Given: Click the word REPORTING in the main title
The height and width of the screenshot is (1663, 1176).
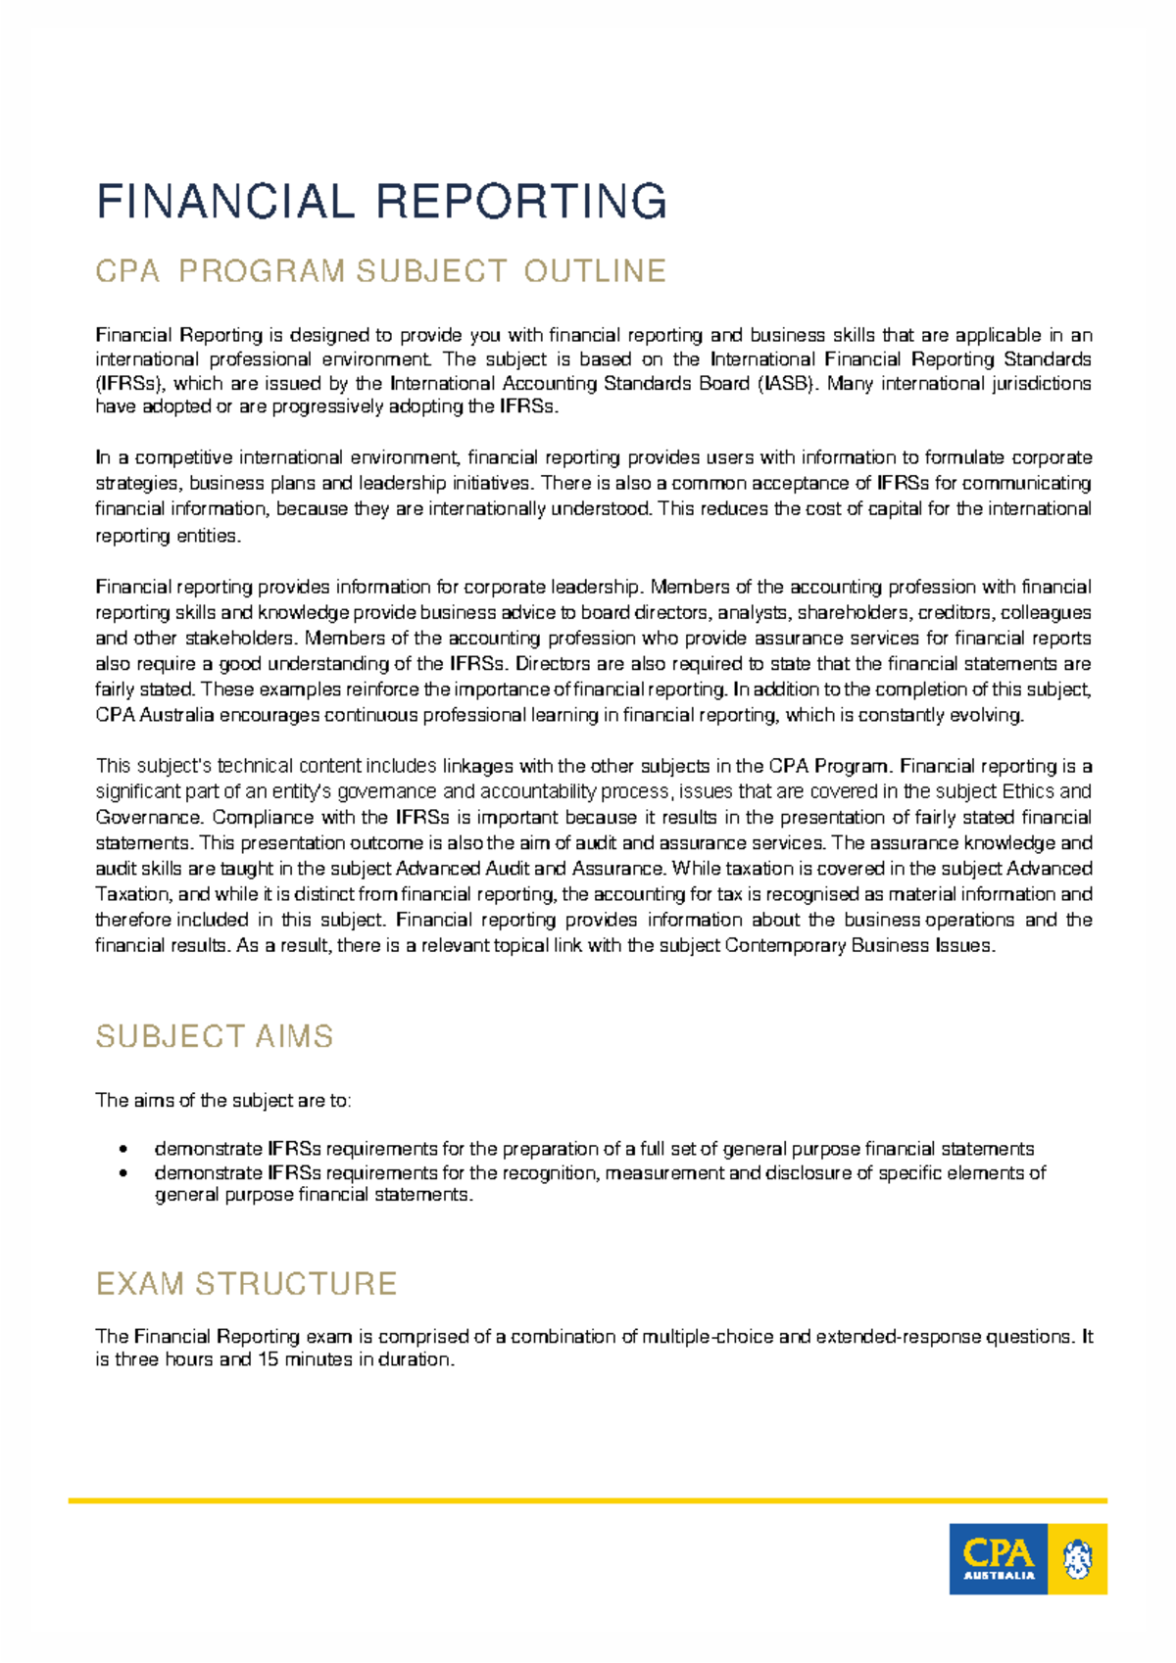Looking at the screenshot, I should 521,202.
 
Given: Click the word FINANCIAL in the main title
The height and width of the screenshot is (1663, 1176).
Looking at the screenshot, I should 225,202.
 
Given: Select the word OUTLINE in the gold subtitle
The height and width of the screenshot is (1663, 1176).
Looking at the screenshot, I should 595,270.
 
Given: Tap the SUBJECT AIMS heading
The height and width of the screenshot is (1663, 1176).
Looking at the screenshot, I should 215,1036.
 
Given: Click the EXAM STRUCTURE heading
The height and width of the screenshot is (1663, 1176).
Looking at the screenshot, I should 246,1283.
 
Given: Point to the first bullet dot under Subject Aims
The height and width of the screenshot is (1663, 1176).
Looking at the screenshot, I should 122,1149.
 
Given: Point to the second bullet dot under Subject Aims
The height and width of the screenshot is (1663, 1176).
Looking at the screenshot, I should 122,1173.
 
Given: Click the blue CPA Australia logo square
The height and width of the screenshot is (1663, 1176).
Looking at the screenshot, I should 998,1558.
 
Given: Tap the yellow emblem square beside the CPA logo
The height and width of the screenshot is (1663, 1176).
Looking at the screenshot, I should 1077,1558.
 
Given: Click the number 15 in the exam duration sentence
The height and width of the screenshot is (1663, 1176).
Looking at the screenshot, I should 267,1359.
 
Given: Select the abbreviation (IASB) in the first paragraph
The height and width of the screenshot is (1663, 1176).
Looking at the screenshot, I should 786,383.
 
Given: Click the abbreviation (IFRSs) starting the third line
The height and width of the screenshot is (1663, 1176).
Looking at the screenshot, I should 130,383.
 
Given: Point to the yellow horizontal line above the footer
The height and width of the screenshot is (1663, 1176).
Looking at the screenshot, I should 588,1499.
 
